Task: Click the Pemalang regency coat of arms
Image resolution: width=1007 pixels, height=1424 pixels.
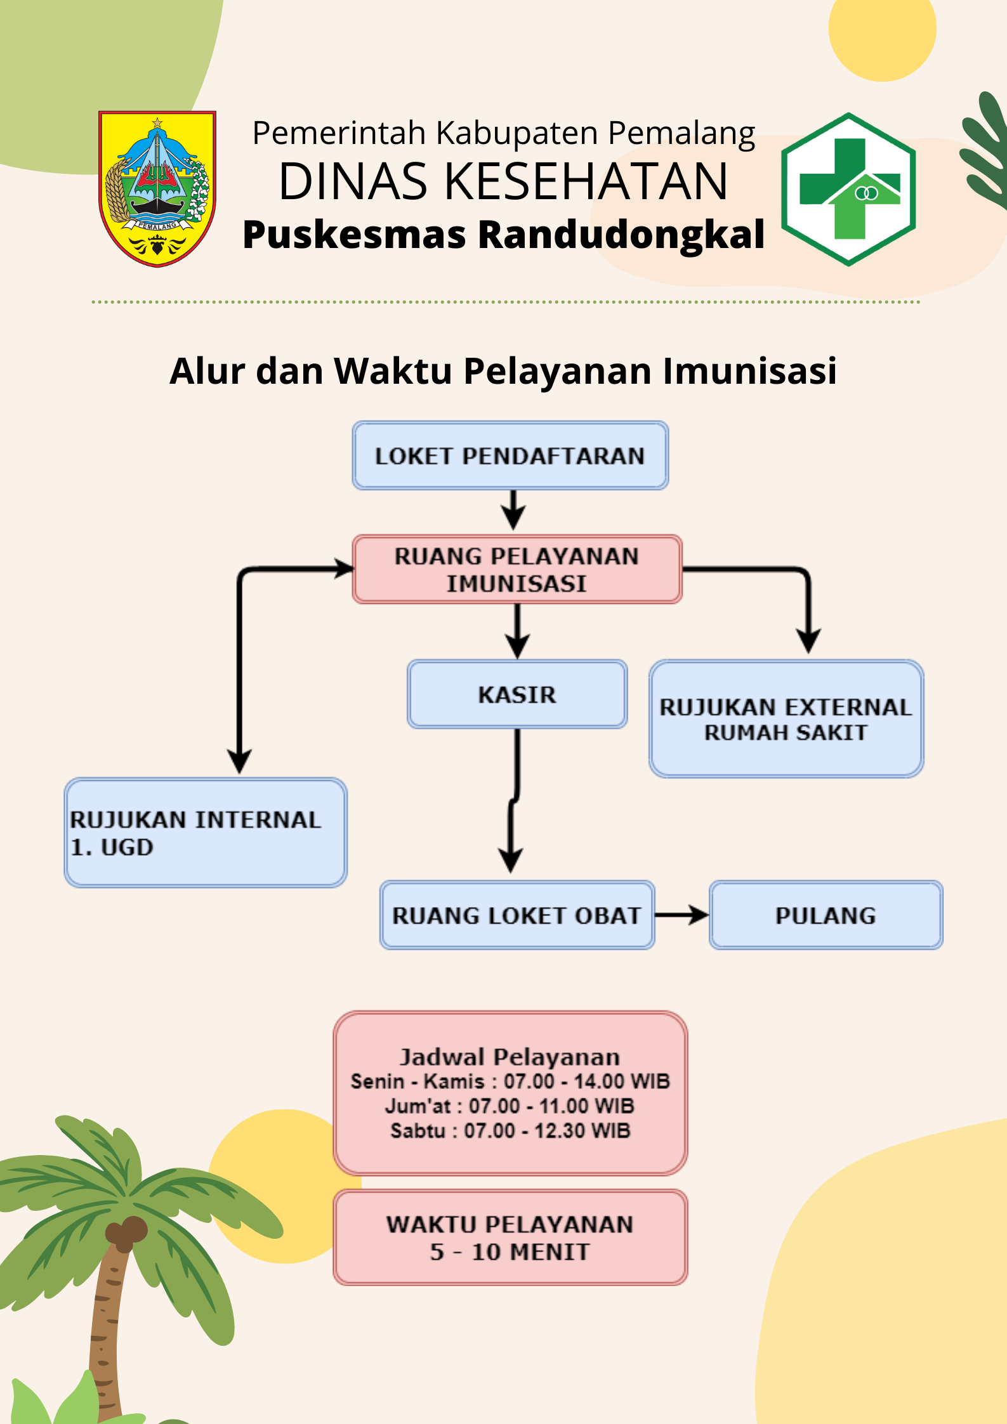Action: point(157,189)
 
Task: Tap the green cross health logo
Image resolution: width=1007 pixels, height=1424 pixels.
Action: point(848,189)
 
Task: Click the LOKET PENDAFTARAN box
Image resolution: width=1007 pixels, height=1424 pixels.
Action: point(510,455)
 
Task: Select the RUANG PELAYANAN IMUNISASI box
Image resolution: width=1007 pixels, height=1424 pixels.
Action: point(517,569)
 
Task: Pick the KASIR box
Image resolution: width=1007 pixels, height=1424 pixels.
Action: point(517,694)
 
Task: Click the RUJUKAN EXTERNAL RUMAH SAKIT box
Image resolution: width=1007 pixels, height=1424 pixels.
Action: point(786,719)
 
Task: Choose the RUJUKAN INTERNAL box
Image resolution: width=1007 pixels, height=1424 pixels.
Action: point(206,832)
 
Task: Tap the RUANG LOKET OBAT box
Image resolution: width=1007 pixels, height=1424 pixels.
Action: point(517,915)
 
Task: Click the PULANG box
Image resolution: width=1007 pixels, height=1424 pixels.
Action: point(826,915)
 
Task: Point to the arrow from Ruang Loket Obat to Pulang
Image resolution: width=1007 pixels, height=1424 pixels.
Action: point(682,915)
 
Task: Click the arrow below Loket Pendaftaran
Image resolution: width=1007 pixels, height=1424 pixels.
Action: point(513,509)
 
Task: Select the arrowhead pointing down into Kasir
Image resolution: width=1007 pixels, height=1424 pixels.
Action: point(518,647)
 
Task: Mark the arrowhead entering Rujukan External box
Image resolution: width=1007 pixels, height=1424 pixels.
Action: point(808,641)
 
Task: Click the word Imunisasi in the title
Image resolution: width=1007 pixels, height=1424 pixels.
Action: point(749,371)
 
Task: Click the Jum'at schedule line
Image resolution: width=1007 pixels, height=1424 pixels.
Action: point(510,1106)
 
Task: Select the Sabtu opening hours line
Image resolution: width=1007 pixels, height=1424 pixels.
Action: point(510,1131)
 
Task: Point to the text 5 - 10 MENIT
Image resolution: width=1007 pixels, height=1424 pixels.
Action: point(510,1252)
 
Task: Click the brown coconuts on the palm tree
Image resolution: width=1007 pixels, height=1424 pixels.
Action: point(126,1231)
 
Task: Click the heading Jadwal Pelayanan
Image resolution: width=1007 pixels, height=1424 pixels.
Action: point(510,1057)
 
